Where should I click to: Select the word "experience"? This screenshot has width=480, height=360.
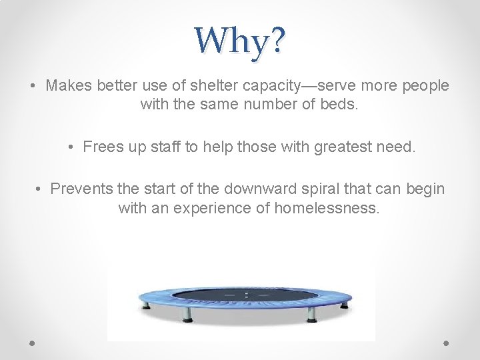click(208, 208)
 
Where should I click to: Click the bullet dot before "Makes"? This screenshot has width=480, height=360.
click(33, 87)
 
